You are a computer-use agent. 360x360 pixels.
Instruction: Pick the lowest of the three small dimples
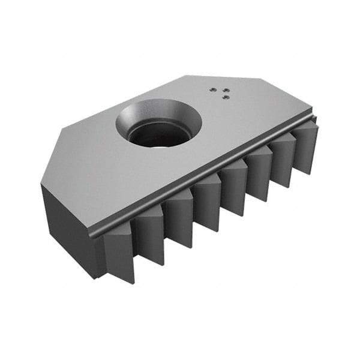(223, 97)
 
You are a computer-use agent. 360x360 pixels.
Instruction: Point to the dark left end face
(66, 228)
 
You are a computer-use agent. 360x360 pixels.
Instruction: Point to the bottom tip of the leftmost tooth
(133, 282)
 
